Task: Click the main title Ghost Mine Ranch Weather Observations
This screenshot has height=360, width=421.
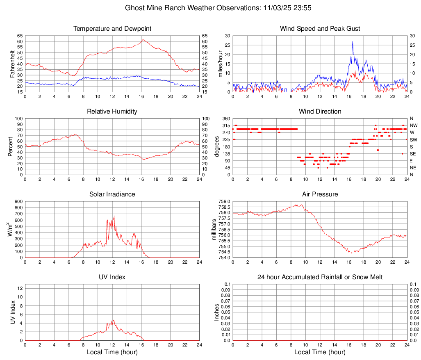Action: [210, 8]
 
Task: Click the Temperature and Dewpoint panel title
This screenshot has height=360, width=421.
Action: [112, 29]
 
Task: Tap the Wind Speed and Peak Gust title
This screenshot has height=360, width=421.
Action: [320, 29]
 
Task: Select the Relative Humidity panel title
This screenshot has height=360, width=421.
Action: [112, 112]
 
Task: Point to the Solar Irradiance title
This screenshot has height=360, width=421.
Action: [112, 194]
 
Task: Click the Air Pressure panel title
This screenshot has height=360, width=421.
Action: [320, 194]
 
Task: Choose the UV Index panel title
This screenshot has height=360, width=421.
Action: [112, 277]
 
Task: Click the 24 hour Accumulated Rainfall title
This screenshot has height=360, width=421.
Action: [320, 277]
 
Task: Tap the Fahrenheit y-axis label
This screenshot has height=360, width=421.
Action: [12, 64]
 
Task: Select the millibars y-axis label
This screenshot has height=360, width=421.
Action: [214, 229]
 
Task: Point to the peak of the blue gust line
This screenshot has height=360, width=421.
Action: [353, 41]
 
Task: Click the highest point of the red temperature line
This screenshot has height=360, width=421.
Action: [143, 40]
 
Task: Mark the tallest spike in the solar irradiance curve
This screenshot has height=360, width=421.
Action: [114, 216]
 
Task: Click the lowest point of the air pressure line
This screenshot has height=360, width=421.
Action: [351, 253]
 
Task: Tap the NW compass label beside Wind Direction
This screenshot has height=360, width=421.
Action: [413, 125]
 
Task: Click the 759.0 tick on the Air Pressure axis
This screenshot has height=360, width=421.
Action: [225, 202]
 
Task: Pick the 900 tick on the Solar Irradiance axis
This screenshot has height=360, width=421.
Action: [18, 202]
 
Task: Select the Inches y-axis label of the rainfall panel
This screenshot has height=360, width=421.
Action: [217, 312]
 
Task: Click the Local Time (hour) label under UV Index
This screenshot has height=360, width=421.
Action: [112, 352]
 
